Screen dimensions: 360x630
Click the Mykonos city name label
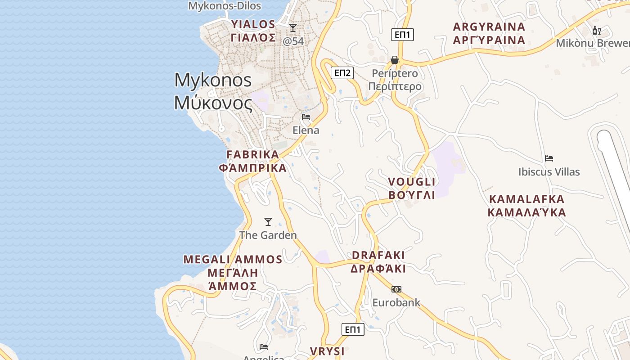coord(213,91)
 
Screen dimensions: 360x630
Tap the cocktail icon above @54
coord(293,28)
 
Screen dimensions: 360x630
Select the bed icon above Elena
coord(306,117)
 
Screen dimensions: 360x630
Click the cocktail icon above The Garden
coord(268,221)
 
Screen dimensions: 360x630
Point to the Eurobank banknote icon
coord(396,289)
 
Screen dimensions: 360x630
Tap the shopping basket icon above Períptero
coord(395,60)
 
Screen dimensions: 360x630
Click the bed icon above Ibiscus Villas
coord(549,158)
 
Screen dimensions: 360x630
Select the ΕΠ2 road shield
coord(342,72)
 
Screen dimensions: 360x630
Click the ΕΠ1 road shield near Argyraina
coord(402,35)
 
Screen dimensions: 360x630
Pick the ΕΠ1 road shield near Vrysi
coord(352,329)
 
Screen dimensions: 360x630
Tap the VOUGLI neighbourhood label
coord(412,188)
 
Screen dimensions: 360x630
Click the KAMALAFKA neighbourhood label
coord(526,205)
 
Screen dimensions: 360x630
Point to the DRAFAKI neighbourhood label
coord(378,262)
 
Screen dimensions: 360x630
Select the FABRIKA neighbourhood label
coord(252,161)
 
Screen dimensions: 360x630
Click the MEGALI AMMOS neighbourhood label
coord(233,273)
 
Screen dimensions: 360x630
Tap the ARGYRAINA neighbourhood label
coord(489,33)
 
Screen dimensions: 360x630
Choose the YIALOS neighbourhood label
coord(253,31)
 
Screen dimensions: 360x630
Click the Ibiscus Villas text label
coord(549,171)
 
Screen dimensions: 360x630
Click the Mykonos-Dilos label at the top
coord(225,6)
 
